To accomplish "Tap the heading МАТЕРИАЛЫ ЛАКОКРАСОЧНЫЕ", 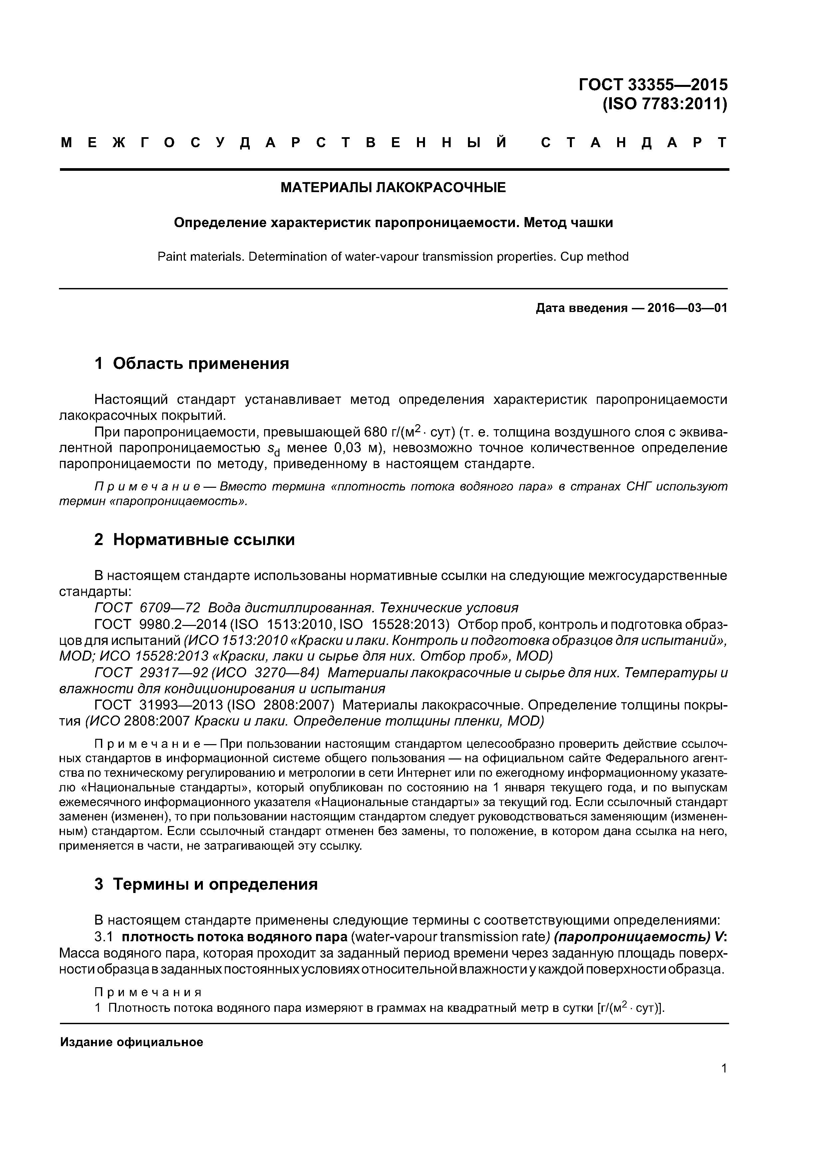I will (x=393, y=188).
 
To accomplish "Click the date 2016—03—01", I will (x=687, y=308).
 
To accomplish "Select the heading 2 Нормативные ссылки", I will (x=195, y=539).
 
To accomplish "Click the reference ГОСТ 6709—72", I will (x=148, y=608).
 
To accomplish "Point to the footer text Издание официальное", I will (x=131, y=1042).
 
